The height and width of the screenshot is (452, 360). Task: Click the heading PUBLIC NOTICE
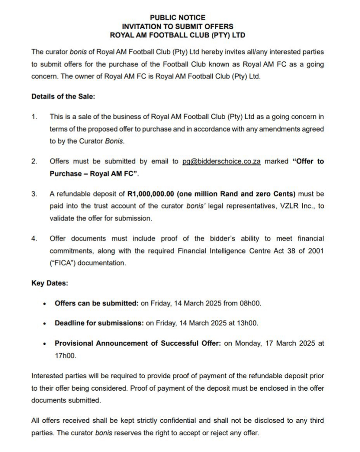pos(177,18)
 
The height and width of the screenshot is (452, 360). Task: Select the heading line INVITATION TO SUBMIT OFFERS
pos(177,26)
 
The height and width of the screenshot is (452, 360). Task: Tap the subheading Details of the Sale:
pos(63,96)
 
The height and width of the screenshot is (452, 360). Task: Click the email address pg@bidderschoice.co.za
pos(221,162)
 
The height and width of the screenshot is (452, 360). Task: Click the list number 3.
pos(34,194)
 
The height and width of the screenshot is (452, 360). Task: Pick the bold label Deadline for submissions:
pos(99,323)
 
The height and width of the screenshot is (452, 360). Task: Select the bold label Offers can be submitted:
pos(96,303)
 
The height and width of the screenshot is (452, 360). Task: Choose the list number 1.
pos(34,117)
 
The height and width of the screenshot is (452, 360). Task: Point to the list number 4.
pos(34,239)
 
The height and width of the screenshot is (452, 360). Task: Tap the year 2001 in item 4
pos(316,251)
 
